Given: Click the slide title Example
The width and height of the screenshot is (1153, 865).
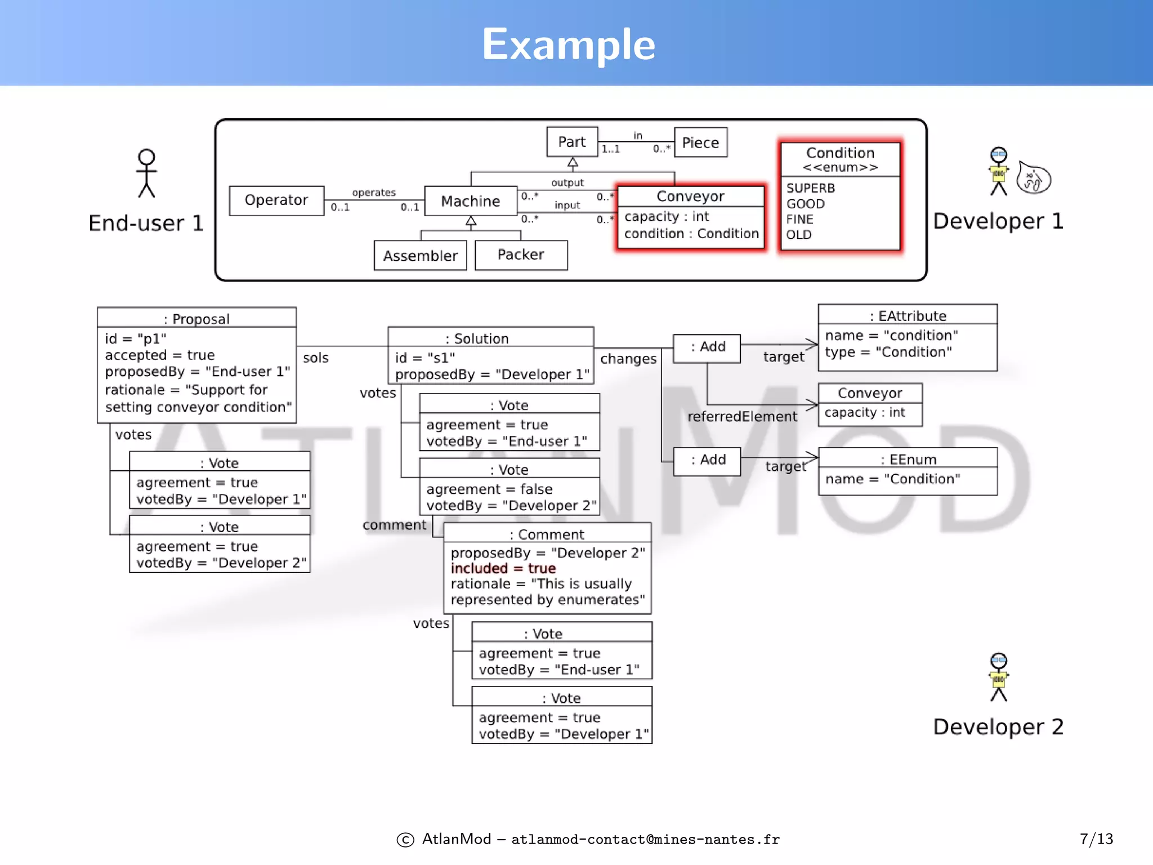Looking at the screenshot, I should pos(569,44).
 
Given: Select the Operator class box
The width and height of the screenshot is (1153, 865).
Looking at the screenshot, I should pos(276,200).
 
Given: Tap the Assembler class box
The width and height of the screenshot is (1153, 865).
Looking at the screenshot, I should pos(420,256).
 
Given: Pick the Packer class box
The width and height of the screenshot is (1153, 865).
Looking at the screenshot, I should pos(521,255).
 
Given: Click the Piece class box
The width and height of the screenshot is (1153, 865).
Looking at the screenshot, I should pos(700,142).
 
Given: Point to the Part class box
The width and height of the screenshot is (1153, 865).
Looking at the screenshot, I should pos(572,142).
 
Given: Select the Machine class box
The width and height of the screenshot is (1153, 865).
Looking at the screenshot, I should pos(471,201).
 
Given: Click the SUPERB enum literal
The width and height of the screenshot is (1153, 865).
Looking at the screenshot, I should pos(811,188).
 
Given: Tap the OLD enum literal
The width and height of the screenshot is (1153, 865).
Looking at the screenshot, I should pos(799,235).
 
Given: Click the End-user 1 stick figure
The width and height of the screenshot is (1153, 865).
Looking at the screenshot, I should pos(146,173).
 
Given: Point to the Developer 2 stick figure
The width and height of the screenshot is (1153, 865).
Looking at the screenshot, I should pos(999,677).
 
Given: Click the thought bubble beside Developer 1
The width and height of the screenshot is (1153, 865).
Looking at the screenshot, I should pos(1034,179).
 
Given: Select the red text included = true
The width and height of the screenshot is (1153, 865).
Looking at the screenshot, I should pos(503,568).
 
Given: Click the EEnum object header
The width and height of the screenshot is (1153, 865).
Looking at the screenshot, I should pos(908,459).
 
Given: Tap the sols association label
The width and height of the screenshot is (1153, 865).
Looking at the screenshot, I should pos(316,358).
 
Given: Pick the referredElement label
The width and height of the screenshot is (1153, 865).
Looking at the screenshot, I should pos(742,417).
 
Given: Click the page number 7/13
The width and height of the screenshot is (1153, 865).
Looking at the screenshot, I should pos(1096,839).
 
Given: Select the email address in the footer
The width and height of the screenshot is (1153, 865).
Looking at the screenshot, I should pos(645,840).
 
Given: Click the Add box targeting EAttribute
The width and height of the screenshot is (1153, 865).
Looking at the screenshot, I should pos(707,347).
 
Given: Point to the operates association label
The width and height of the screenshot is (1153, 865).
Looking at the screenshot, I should pos(374,193).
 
